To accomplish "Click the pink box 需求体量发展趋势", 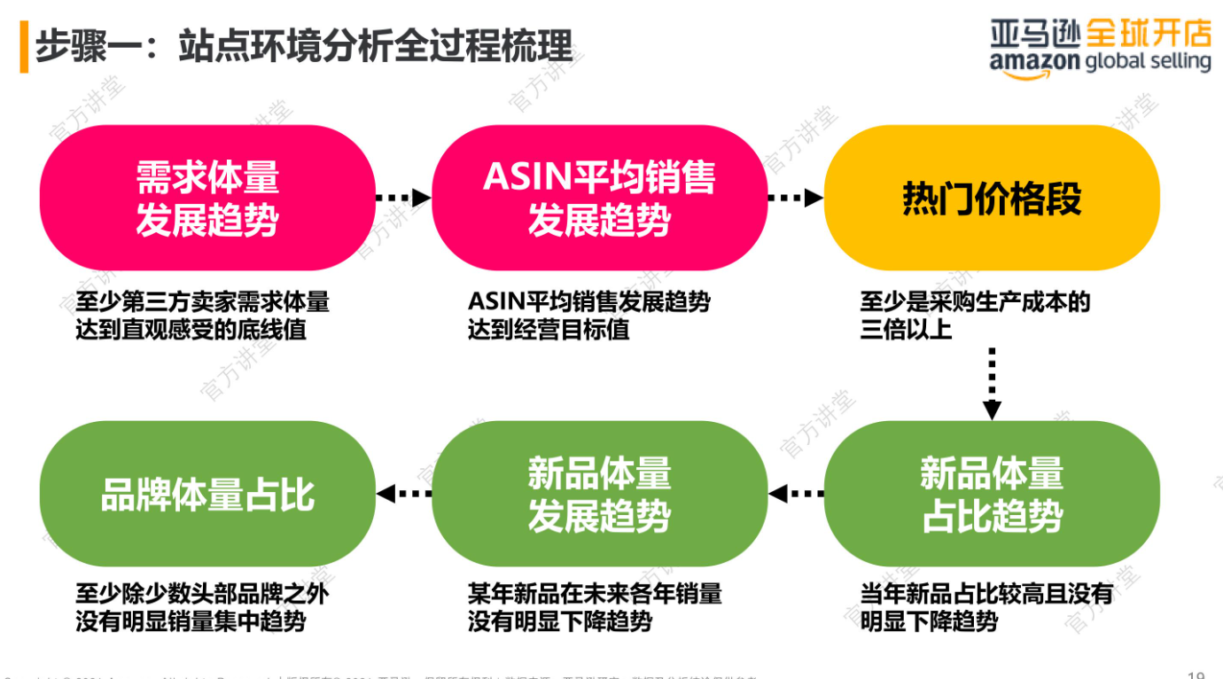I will pyautogui.click(x=207, y=198).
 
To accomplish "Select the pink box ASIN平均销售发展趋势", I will pyautogui.click(x=599, y=198).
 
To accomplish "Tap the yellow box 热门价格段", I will pyautogui.click(x=992, y=198).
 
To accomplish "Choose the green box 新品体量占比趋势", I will pyautogui.click(x=992, y=494).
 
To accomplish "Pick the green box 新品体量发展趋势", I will pyautogui.click(x=599, y=494).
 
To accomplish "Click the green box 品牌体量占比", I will pyautogui.click(x=207, y=494).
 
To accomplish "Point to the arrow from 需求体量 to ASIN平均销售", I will pyautogui.click(x=403, y=198).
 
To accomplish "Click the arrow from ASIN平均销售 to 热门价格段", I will pyautogui.click(x=796, y=198).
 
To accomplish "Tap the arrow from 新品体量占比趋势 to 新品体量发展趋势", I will pyautogui.click(x=796, y=494).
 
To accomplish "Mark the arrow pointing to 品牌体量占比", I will pyautogui.click(x=403, y=494).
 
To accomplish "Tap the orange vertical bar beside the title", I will pyautogui.click(x=24, y=46).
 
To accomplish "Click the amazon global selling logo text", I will pyautogui.click(x=1101, y=62).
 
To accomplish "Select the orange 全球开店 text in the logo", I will pyautogui.click(x=1148, y=34).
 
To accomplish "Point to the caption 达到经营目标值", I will pyautogui.click(x=549, y=330).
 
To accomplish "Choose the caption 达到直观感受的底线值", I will pyautogui.click(x=191, y=330).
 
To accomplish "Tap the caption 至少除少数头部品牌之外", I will pyautogui.click(x=202, y=593).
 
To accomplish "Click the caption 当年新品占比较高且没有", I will pyautogui.click(x=985, y=593).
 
